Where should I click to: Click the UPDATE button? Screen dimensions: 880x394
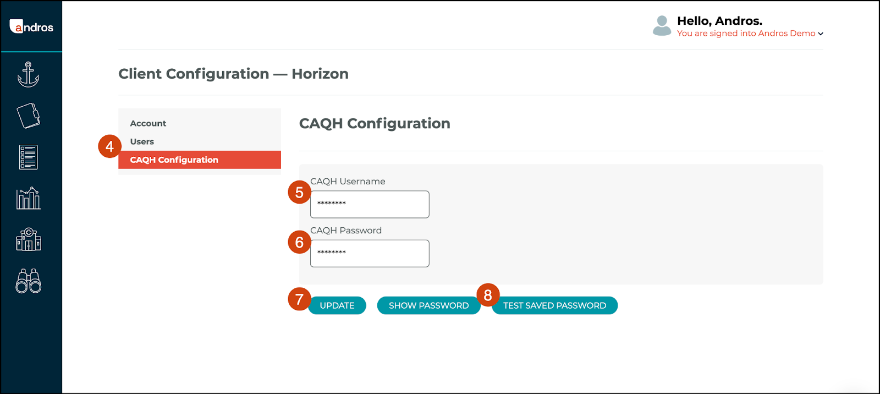click(x=337, y=305)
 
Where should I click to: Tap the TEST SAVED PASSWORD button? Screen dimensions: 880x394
click(x=554, y=305)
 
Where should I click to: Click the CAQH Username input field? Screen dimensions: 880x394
click(x=370, y=205)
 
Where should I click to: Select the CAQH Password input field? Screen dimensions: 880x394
click(x=370, y=254)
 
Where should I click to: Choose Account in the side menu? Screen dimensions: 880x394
click(x=148, y=123)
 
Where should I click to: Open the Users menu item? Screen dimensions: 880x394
click(x=142, y=141)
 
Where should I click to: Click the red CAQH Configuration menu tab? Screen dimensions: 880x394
click(x=200, y=160)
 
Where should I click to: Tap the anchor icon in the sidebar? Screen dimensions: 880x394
click(x=28, y=74)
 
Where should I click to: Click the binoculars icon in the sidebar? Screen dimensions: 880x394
click(x=28, y=281)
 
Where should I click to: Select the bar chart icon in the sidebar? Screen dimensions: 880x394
click(x=28, y=198)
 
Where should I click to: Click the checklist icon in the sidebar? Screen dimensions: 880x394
click(x=28, y=157)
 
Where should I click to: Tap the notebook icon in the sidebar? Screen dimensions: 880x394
click(x=28, y=116)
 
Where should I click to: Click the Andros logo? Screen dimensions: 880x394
click(x=31, y=27)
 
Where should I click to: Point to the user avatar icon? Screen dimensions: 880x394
click(x=662, y=26)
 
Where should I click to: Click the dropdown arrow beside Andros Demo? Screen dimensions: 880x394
click(x=821, y=34)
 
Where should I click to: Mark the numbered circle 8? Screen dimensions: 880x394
click(x=488, y=295)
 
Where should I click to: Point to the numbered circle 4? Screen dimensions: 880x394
click(x=109, y=146)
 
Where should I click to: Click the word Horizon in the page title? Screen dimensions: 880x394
click(x=320, y=74)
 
